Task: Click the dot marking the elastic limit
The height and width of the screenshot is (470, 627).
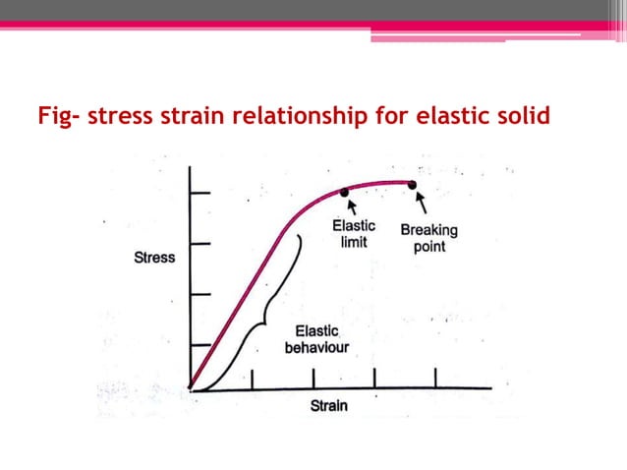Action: coord(344,193)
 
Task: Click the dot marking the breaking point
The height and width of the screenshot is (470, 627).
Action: coord(413,184)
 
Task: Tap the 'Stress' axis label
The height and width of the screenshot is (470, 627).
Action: coord(154,259)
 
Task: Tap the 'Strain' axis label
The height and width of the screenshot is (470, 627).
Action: coord(330,405)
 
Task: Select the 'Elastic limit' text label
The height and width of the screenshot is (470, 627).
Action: coord(352,234)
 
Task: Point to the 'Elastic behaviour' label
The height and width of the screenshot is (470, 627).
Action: coord(315,340)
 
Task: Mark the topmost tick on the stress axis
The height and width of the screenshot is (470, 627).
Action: coord(199,193)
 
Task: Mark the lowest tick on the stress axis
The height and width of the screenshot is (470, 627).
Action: coord(199,344)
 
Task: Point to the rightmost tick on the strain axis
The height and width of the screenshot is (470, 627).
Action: coord(434,378)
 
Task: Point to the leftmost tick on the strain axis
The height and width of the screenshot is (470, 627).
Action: coord(253,379)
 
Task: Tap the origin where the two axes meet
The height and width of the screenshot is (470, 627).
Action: coord(191,389)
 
